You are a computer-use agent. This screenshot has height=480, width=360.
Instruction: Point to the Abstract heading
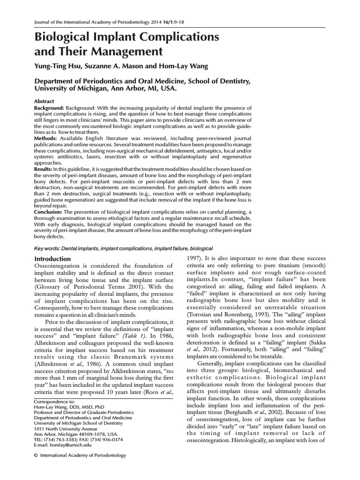click(x=45, y=101)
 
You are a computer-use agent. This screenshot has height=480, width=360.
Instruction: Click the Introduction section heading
click(x=53, y=259)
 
